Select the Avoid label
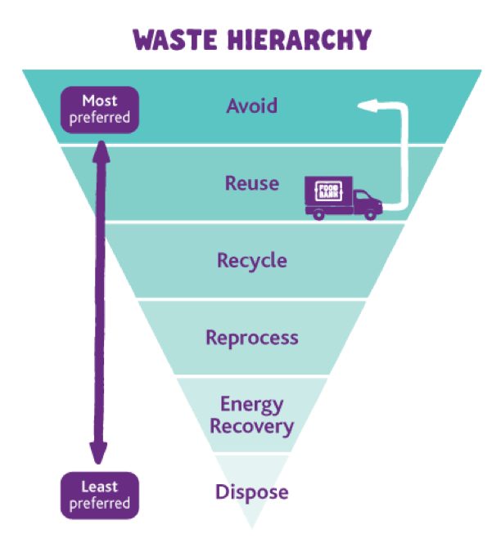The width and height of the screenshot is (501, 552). [x=252, y=106]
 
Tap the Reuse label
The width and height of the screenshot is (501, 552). [x=252, y=183]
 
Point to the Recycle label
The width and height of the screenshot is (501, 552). [x=252, y=261]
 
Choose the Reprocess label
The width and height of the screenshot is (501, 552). [x=252, y=338]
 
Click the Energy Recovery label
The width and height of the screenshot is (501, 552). [x=252, y=415]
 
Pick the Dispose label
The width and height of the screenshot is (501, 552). [x=252, y=493]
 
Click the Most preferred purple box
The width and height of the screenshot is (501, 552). [x=100, y=110]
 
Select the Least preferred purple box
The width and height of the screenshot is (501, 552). [x=100, y=496]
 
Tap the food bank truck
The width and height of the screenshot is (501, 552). [x=343, y=199]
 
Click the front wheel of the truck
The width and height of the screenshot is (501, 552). [x=372, y=215]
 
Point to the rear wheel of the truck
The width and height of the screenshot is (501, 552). [x=318, y=215]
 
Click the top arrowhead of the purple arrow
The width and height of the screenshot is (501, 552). [x=101, y=150]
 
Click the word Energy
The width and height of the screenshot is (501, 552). [x=252, y=405]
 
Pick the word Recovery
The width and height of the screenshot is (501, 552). [x=252, y=426]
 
